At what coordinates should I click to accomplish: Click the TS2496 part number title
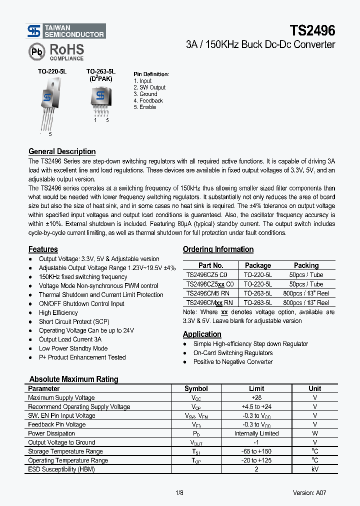tap(312, 31)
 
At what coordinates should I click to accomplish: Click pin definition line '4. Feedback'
tap(148, 100)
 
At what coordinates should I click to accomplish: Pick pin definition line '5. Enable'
tap(145, 107)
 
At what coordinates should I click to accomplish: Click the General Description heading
tap(62, 151)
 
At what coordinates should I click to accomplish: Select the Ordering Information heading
tap(218, 249)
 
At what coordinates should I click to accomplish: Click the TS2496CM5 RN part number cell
tap(210, 293)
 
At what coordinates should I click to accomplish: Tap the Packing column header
tap(306, 265)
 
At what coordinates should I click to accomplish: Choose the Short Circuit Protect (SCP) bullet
tap(74, 321)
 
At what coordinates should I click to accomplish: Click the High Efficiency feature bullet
tap(58, 312)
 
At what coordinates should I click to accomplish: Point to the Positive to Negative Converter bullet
tap(233, 361)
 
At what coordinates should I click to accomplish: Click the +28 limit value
tap(256, 397)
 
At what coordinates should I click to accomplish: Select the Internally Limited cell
tap(256, 433)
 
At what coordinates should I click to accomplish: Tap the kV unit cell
tap(314, 469)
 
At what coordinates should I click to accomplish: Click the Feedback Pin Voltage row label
tap(57, 424)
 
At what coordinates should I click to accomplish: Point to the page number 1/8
tap(179, 493)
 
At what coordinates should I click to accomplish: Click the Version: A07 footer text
tap(310, 493)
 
